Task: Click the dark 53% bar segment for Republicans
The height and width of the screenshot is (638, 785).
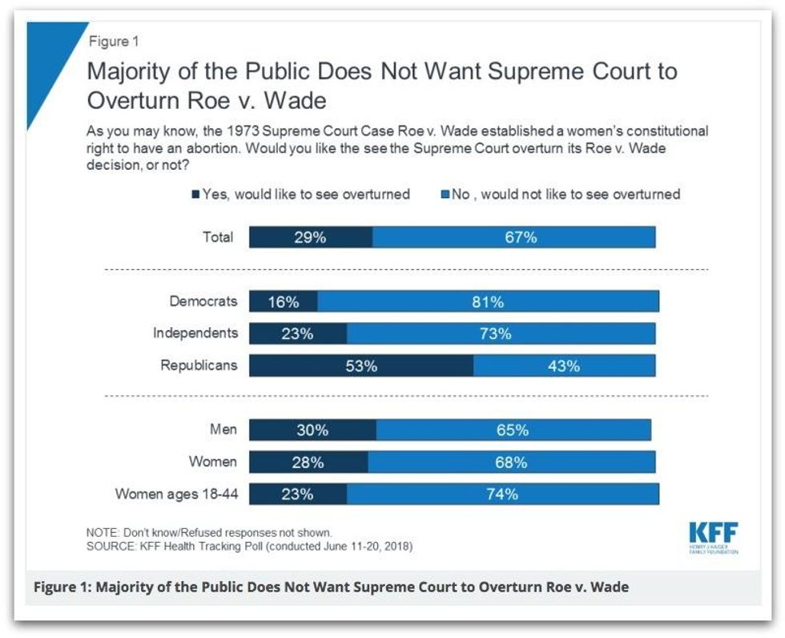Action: tap(360, 365)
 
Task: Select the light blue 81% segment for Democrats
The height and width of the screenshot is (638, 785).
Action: tap(488, 301)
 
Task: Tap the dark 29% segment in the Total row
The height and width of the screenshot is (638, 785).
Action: tap(311, 237)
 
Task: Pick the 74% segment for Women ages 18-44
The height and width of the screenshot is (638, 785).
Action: tap(502, 494)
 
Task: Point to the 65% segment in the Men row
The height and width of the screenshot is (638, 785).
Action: tap(513, 430)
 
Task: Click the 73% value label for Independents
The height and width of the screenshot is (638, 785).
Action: tap(495, 333)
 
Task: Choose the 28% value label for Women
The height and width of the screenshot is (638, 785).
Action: tap(308, 462)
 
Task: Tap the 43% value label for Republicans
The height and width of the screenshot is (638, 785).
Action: tap(564, 365)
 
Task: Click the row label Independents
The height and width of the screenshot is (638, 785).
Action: tap(195, 333)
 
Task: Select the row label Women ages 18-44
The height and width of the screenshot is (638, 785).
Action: tap(176, 494)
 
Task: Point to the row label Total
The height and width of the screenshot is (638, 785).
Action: tap(218, 237)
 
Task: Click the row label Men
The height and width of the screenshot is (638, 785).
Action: tap(223, 430)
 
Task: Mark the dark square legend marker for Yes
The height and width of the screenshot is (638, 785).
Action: tap(195, 195)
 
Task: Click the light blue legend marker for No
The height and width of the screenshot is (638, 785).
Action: tap(445, 195)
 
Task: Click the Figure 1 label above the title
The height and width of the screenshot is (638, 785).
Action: tap(114, 42)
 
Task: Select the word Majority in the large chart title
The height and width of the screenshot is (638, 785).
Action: tap(128, 71)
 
